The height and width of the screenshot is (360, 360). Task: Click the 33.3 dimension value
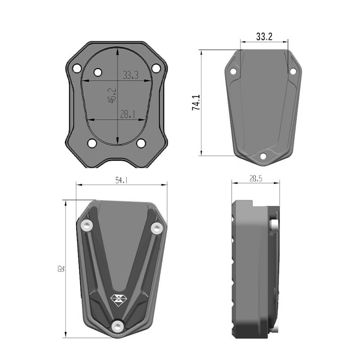130,75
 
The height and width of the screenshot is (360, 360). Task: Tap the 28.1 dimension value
128,114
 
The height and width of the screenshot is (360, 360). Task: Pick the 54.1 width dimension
121,180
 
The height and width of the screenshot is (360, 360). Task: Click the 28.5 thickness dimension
255,179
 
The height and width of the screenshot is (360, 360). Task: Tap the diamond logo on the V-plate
118,297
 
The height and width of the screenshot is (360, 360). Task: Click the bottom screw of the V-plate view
118,326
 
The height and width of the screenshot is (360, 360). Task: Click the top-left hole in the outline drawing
97,72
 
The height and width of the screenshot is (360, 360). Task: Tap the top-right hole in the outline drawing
156,68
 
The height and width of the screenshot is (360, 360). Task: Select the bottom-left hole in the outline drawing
92,144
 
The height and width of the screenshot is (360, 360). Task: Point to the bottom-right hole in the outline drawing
141,144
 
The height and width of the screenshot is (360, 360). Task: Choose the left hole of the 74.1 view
233,72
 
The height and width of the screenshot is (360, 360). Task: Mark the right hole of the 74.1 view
292,71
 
